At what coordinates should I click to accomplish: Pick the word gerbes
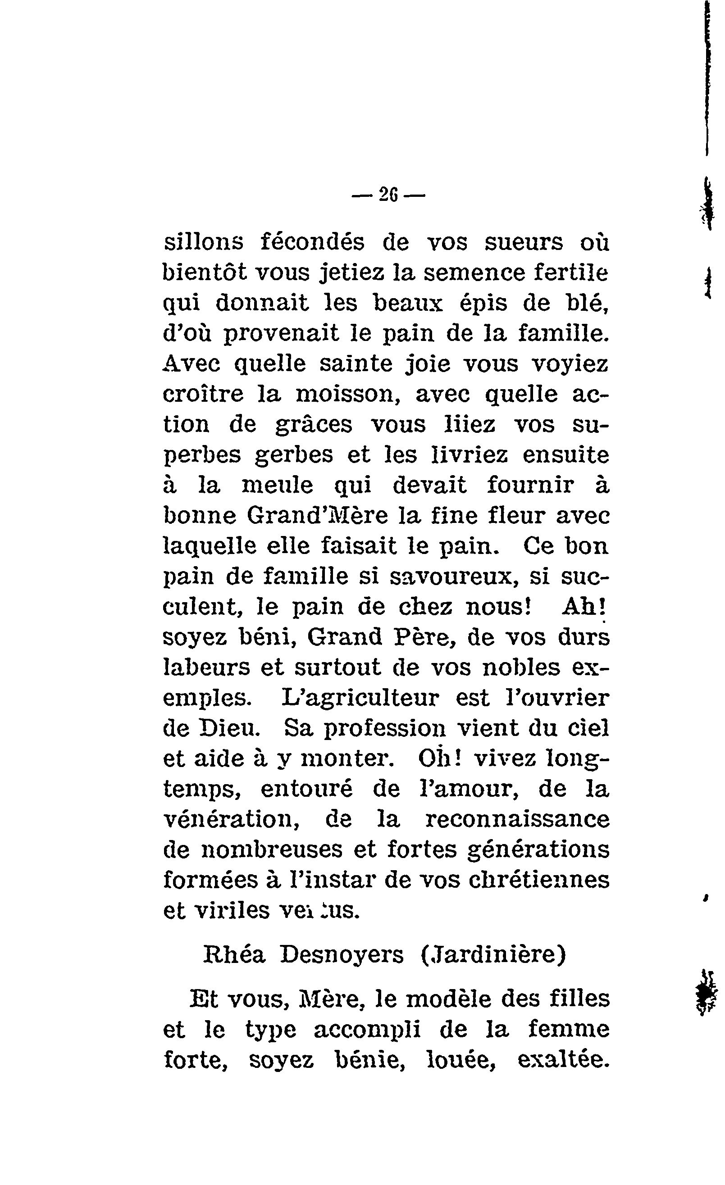293,455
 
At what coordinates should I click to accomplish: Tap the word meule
277,485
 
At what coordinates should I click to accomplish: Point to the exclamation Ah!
583,607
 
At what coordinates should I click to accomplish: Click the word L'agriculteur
360,698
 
